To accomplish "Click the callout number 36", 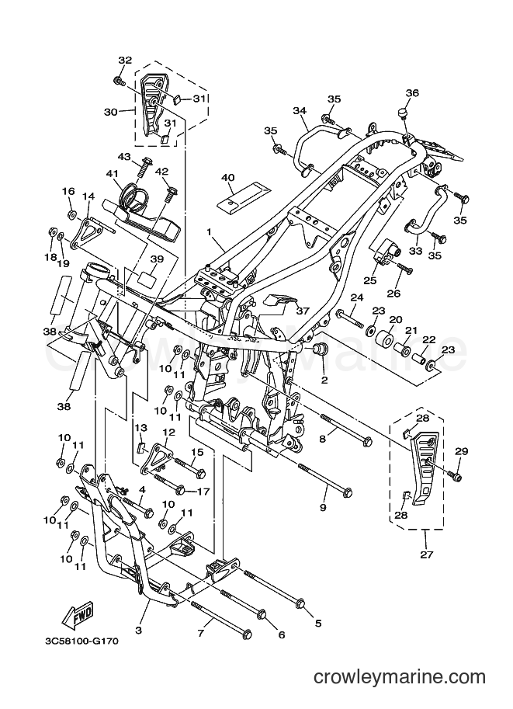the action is (x=412, y=92).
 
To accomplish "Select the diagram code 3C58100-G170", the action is (x=81, y=641).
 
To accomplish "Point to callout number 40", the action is (x=228, y=177).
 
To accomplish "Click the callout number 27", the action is (x=426, y=554).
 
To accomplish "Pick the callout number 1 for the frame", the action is (x=210, y=231).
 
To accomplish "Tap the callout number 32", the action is (x=125, y=60).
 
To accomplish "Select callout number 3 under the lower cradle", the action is (x=138, y=630).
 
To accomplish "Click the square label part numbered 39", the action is (x=147, y=277).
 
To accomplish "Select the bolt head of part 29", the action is (x=457, y=477).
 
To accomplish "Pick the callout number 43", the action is (x=124, y=156).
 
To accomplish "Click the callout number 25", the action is (x=369, y=281).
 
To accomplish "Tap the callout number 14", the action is (x=88, y=196).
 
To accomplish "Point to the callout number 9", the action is (x=323, y=507).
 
